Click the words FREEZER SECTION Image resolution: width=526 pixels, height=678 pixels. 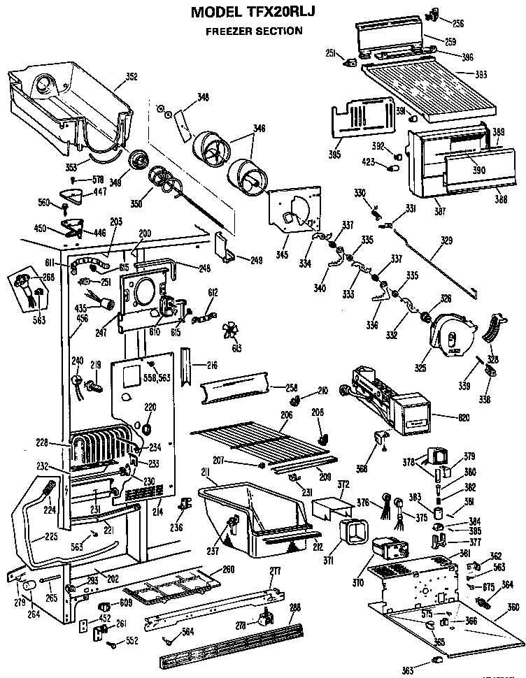tap(253, 31)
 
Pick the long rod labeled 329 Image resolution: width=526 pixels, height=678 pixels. tap(434, 266)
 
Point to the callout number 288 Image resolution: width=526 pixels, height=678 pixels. tap(294, 607)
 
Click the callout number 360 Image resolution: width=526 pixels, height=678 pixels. tap(514, 607)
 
